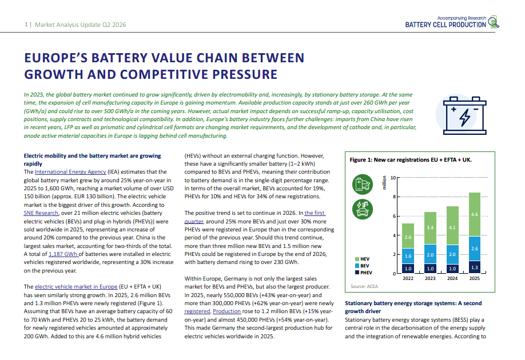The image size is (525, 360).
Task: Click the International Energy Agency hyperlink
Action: (x=70, y=171)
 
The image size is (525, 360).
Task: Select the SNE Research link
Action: (x=41, y=213)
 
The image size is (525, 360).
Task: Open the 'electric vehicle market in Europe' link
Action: (x=76, y=287)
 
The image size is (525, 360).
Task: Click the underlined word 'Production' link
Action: (x=226, y=311)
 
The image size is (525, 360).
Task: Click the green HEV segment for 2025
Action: (x=475, y=214)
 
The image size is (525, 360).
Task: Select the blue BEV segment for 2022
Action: (x=408, y=256)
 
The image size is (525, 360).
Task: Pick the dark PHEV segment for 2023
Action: (x=430, y=269)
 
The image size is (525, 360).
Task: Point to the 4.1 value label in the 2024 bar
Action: (x=452, y=227)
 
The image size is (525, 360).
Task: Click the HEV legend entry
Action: (x=362, y=259)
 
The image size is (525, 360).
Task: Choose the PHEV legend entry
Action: (x=363, y=273)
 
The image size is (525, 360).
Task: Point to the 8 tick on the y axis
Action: (x=394, y=197)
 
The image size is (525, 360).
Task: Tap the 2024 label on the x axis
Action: (x=452, y=278)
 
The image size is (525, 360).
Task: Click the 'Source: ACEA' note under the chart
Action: (x=364, y=286)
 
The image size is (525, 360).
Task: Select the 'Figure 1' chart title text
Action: (x=411, y=160)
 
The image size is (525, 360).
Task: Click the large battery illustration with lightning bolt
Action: (x=464, y=116)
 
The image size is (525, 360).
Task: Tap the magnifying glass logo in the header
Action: (x=494, y=22)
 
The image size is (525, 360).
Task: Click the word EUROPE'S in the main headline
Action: (x=56, y=58)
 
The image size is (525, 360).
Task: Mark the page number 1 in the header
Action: (x=26, y=25)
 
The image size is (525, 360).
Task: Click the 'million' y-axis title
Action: (x=384, y=183)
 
